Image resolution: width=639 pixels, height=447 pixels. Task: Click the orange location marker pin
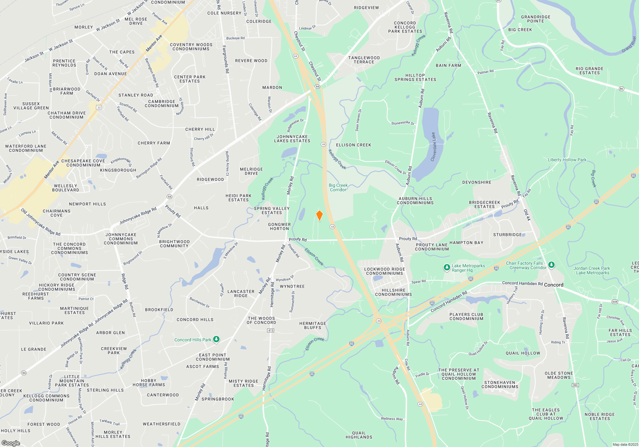319,216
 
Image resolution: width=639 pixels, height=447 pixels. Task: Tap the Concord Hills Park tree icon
216,339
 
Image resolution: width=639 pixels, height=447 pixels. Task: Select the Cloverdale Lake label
433,147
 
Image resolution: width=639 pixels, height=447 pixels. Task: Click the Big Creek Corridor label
338,187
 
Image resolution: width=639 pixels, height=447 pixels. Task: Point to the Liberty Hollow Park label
567,160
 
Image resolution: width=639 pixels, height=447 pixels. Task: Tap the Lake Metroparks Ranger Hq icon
447,268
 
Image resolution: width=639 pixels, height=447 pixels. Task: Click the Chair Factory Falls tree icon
551,265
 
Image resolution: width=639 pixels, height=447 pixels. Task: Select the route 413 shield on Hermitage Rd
271,330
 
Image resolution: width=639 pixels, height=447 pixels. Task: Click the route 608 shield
615,302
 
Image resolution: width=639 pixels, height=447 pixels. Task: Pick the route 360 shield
575,385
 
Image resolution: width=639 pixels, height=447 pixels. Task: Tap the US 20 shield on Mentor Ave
99,108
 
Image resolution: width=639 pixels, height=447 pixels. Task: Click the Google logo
11,443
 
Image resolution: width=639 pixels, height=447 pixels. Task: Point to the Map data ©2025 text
625,444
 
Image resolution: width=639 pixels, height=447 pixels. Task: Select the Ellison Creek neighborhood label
353,145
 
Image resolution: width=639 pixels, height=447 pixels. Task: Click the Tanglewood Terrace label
364,60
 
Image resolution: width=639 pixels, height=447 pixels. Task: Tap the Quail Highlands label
359,435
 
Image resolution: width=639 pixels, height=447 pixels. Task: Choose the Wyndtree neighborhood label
292,286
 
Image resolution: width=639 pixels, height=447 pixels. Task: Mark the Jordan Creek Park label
591,270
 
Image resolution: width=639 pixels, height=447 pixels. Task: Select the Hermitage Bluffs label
312,325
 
